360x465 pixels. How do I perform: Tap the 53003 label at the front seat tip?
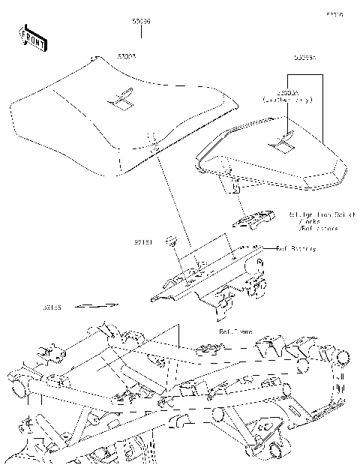pos(126,55)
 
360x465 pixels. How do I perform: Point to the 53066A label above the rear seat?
pos(304,56)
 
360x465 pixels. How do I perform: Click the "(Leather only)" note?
pos(286,99)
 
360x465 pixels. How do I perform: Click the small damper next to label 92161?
pos(172,241)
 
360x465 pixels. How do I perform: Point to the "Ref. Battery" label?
pos(295,248)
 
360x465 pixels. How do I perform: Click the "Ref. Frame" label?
pos(235,330)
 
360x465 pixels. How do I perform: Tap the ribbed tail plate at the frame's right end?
pos(330,409)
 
